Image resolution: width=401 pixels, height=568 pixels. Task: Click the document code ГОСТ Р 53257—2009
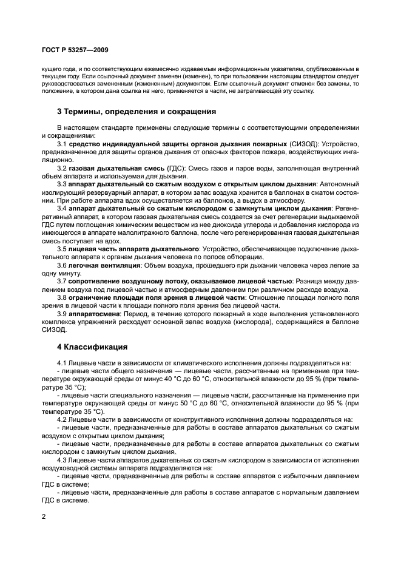[76, 49]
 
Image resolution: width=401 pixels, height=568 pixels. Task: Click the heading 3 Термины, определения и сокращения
[136, 112]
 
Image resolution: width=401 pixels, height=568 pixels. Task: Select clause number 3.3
[61, 183]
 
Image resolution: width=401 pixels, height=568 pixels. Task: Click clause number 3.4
[61, 209]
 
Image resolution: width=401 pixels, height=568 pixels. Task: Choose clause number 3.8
[61, 297]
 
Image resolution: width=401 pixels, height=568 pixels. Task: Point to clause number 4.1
[61, 363]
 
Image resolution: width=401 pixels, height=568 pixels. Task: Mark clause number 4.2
[61, 419]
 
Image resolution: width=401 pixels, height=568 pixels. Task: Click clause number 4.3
[61, 459]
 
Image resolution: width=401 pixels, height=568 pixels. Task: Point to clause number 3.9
[61, 314]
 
